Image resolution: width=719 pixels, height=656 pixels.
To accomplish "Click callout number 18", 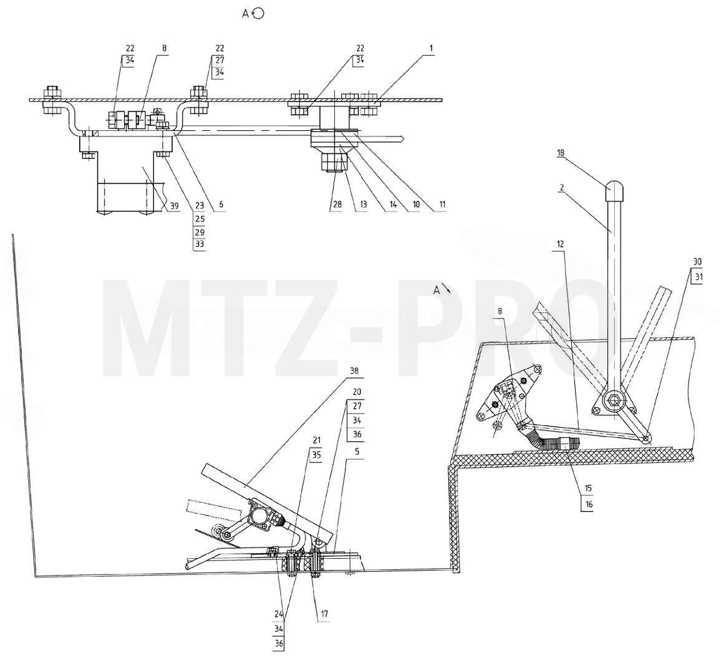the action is pyautogui.click(x=561, y=153).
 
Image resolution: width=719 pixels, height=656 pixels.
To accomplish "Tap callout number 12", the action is pyautogui.click(x=561, y=244).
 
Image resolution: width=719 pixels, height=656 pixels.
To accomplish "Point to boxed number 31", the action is pyautogui.click(x=699, y=277).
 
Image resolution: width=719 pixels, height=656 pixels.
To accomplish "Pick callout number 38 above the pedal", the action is pyautogui.click(x=354, y=370).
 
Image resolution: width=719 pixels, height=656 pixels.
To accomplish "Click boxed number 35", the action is pyautogui.click(x=316, y=455).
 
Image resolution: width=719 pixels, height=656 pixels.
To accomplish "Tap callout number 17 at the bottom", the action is pyautogui.click(x=324, y=614).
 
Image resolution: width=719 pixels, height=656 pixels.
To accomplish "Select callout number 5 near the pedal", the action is pyautogui.click(x=357, y=452).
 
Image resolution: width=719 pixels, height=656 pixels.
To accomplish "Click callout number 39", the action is pyautogui.click(x=174, y=207).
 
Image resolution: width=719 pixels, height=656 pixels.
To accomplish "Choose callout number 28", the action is pyautogui.click(x=337, y=205).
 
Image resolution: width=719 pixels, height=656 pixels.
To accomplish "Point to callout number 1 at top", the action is pyautogui.click(x=431, y=48).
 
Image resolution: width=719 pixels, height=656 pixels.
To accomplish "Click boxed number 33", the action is pyautogui.click(x=200, y=244).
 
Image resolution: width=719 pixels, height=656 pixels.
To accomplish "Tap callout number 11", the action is pyautogui.click(x=442, y=205).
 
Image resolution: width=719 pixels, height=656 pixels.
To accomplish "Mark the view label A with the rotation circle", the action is pyautogui.click(x=253, y=14).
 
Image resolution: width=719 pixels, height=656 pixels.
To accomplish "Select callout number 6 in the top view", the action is pyautogui.click(x=221, y=205).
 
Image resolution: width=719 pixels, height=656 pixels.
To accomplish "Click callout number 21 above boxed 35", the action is pyautogui.click(x=316, y=440).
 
